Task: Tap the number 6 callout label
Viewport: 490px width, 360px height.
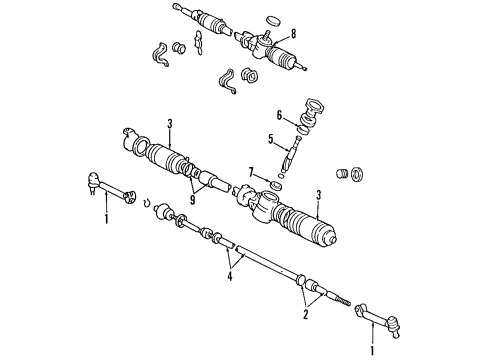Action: [280, 115]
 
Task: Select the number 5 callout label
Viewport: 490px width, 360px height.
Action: [270, 139]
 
